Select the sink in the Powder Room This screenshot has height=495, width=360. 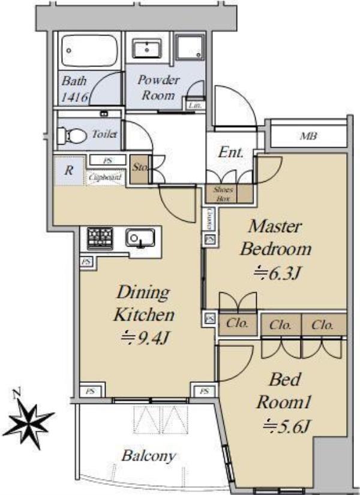pos(144,48)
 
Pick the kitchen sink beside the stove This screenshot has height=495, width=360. pos(140,239)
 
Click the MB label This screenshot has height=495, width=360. pos(308,136)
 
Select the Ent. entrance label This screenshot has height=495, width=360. pos(231,152)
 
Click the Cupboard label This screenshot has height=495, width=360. pos(106,178)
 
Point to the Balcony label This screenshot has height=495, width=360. pos(149,455)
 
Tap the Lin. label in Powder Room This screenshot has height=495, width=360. pos(195,105)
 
